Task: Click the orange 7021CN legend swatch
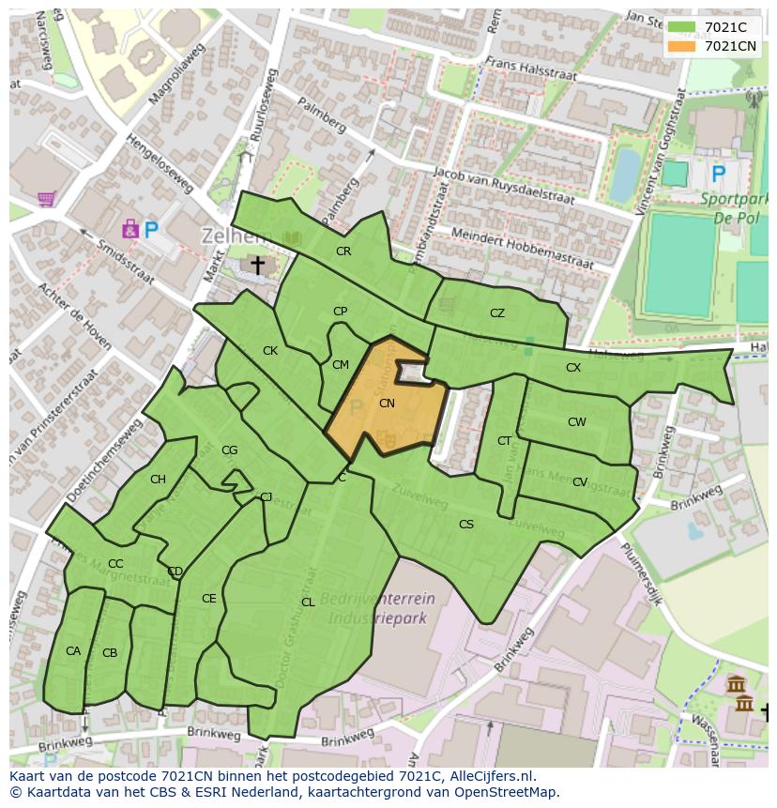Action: pos(681,46)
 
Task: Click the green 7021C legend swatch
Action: pos(681,27)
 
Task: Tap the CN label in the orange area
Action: pos(387,404)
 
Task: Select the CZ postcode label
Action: pos(497,313)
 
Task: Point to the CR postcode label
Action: pos(343,252)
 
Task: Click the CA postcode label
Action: pos(73,651)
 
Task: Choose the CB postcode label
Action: pos(110,653)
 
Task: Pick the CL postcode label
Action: pos(308,602)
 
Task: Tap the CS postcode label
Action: pos(466,525)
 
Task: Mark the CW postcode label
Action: pos(577,422)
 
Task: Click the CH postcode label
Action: pos(158,480)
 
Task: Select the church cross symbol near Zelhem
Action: pos(256,267)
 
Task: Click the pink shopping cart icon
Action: pos(46,198)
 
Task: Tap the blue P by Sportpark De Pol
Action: pos(719,174)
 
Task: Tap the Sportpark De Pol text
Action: pos(734,207)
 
